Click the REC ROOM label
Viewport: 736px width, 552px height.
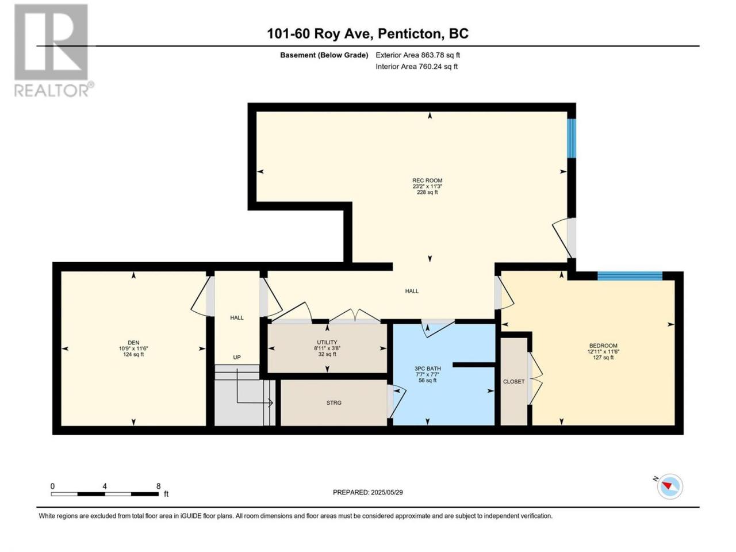click(x=427, y=181)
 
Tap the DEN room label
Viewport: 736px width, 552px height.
click(x=133, y=343)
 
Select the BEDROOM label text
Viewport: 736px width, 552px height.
click(x=603, y=346)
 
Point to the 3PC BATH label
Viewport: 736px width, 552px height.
click(x=427, y=369)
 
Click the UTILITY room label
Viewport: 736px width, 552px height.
click(x=327, y=342)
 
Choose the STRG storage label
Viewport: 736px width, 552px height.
click(x=333, y=402)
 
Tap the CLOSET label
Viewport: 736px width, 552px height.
click(x=513, y=381)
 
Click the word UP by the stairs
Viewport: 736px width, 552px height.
click(x=237, y=357)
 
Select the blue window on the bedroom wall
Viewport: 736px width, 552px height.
click(x=630, y=276)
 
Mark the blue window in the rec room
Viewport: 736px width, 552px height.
click(x=572, y=138)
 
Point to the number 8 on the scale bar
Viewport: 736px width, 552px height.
click(x=158, y=486)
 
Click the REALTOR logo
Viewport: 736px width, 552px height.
click(x=53, y=50)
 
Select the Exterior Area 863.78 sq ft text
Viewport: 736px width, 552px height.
click(x=418, y=55)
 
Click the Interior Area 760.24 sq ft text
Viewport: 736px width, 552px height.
click(x=416, y=66)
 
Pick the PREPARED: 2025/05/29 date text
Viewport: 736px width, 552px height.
click(x=368, y=492)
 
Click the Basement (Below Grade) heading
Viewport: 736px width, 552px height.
click(x=324, y=55)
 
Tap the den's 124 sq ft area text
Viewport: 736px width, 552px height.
click(x=133, y=355)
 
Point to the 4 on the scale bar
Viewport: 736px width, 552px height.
click(x=105, y=486)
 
